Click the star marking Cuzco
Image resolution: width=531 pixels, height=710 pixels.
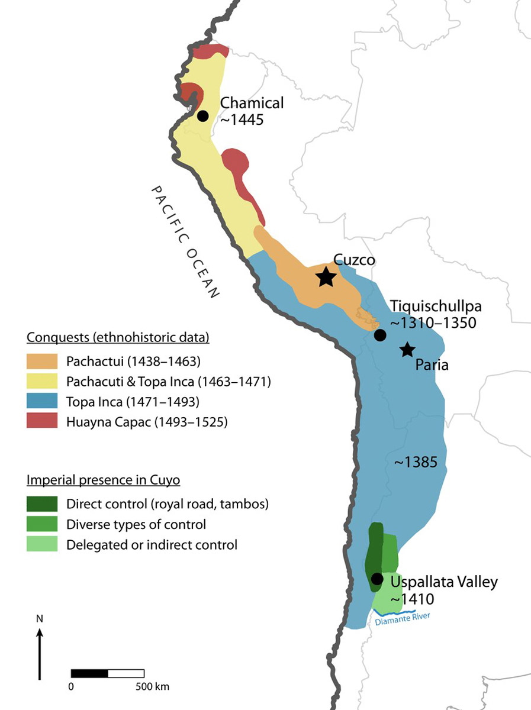326,276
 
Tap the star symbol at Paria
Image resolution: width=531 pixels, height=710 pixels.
407,350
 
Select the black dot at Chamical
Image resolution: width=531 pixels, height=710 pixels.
203,115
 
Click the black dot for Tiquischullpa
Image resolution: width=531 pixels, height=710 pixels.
380,335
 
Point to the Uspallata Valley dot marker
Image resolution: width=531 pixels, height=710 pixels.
376,579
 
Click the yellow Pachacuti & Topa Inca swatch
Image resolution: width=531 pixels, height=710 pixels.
42,381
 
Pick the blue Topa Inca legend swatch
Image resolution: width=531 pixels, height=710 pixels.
42,401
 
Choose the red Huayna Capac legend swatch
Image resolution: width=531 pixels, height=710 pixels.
42,421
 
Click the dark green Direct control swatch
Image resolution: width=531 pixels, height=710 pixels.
42,504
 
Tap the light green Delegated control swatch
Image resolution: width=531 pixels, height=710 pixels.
42,544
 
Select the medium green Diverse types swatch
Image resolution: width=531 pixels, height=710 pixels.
42,524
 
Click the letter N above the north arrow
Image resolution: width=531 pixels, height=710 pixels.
40,619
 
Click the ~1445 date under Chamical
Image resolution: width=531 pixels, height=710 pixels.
241,119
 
